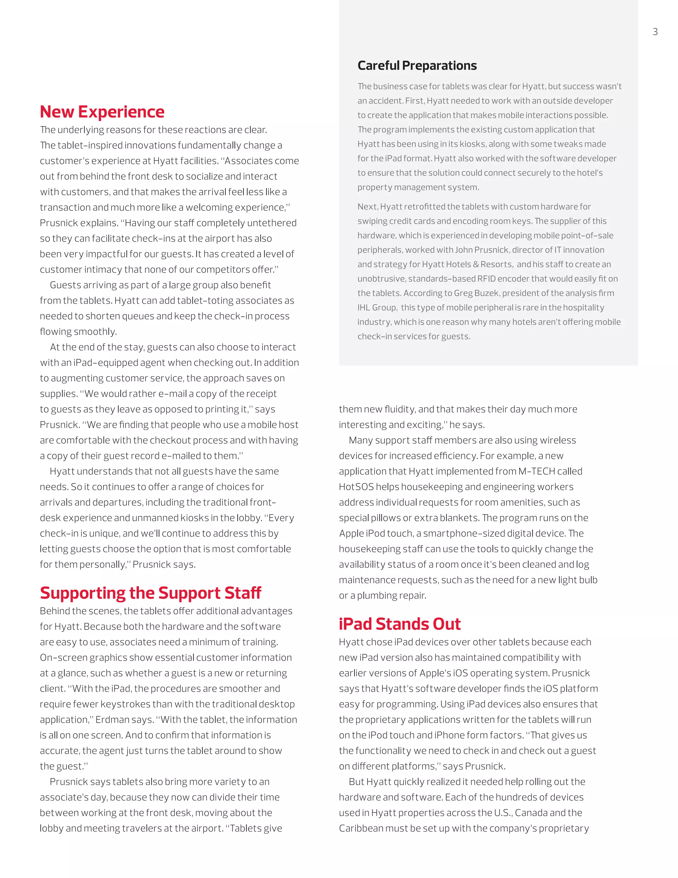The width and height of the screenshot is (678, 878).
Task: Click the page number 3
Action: [x=655, y=32]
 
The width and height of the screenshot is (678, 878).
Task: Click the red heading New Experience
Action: [x=102, y=112]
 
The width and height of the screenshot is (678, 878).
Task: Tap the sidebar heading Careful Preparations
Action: [x=417, y=66]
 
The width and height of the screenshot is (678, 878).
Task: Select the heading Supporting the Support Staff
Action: [x=150, y=593]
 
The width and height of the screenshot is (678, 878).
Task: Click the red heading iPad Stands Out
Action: [x=399, y=624]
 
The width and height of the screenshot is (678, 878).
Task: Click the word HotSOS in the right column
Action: [x=356, y=487]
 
